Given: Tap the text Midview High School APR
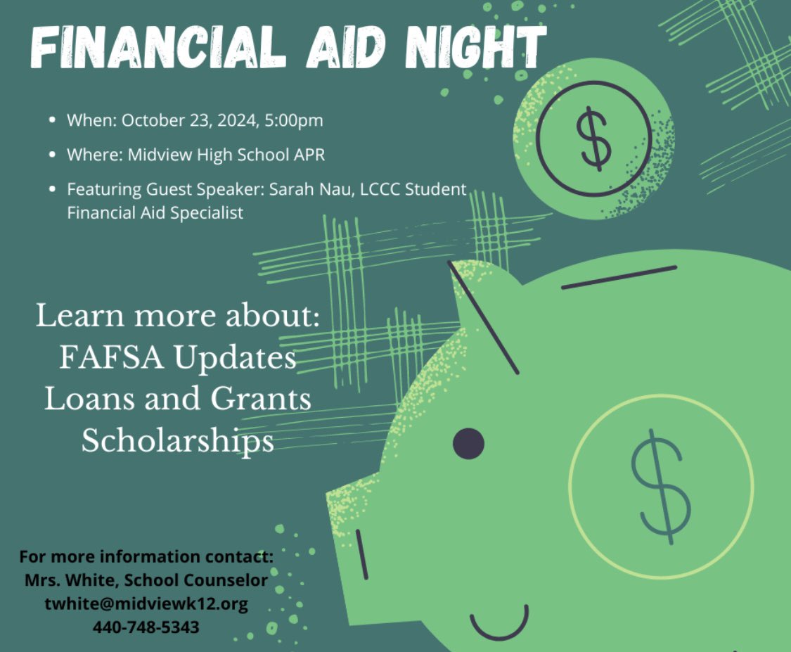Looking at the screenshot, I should (226, 155).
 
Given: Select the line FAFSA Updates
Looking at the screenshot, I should (178, 358).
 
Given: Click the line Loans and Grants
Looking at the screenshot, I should (178, 399).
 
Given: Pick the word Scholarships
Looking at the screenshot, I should (178, 441).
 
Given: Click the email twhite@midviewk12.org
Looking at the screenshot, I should (146, 604).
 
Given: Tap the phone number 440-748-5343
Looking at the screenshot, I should (146, 627).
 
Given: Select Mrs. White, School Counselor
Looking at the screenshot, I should (146, 581).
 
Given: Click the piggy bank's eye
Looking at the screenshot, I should (468, 443).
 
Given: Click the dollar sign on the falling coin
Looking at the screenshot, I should (593, 139).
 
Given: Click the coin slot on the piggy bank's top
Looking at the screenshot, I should (619, 277).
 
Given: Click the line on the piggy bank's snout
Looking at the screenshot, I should (361, 555).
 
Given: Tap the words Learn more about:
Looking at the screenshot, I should (178, 317).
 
